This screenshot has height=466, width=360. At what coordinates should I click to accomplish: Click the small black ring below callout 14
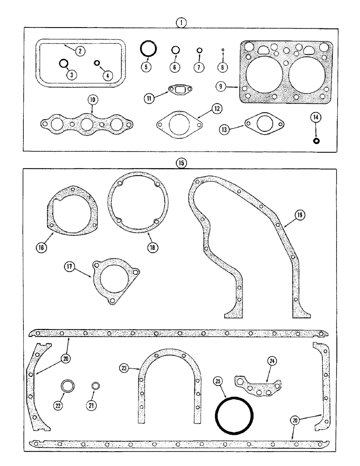click(316, 141)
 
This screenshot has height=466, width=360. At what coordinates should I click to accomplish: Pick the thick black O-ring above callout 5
click(148, 48)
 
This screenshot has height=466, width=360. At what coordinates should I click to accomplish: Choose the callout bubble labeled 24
click(271, 360)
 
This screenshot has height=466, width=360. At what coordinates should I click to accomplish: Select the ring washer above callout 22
click(68, 386)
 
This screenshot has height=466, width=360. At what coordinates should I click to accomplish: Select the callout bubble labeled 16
click(41, 248)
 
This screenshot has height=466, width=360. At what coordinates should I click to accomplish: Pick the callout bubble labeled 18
click(152, 247)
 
